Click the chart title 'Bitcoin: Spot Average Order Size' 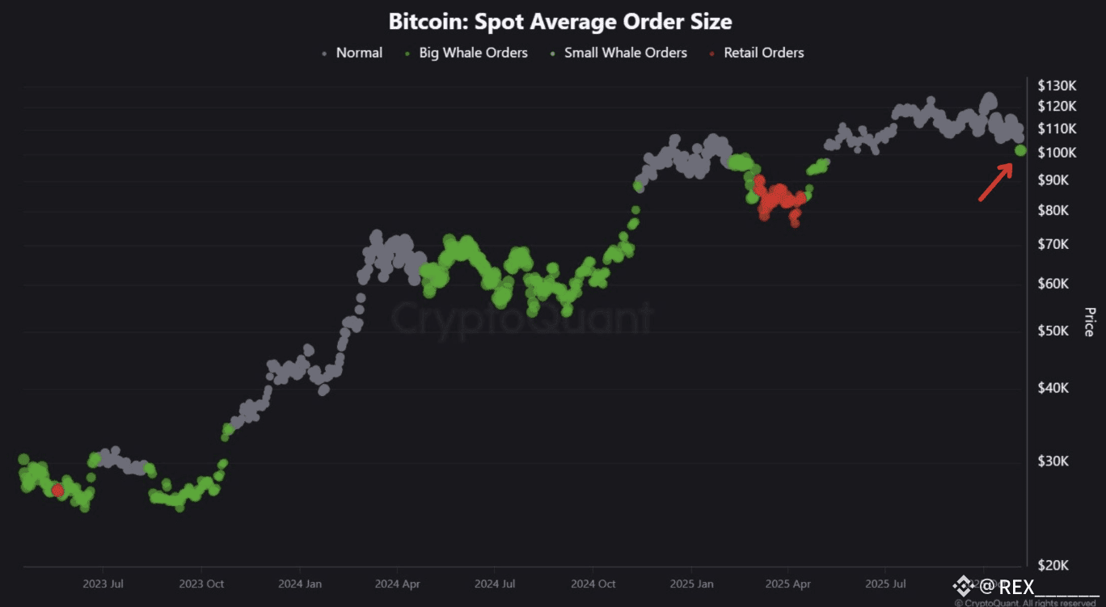559,21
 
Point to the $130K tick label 1057,86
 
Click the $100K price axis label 1057,152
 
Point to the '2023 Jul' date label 103,583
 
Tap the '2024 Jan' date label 300,583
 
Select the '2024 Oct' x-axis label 593,583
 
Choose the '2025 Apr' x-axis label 787,583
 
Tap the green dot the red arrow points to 1020,150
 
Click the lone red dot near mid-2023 57,491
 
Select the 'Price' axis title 1088,322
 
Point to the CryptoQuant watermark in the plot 521,318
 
